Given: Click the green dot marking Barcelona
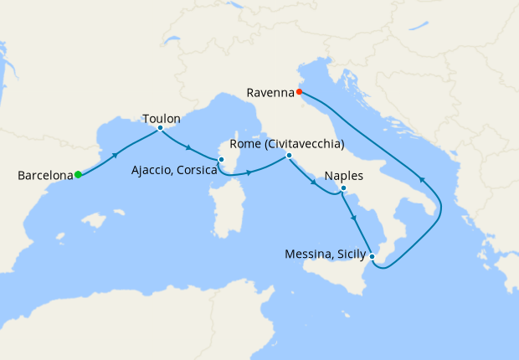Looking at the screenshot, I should tap(78, 175).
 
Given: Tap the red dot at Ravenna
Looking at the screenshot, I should tap(299, 92).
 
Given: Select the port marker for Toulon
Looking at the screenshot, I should tap(160, 128).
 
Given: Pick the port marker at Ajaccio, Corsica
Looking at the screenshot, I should tap(221, 159).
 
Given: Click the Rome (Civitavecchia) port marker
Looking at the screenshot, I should tap(289, 155).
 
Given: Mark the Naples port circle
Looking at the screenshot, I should tap(343, 189).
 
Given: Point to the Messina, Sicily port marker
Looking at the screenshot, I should tap(372, 256).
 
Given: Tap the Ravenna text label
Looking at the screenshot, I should tap(270, 92).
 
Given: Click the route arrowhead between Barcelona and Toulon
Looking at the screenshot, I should tap(116, 154).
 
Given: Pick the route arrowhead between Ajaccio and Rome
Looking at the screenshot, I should tap(249, 173).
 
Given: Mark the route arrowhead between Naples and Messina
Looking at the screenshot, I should tap(355, 219).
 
